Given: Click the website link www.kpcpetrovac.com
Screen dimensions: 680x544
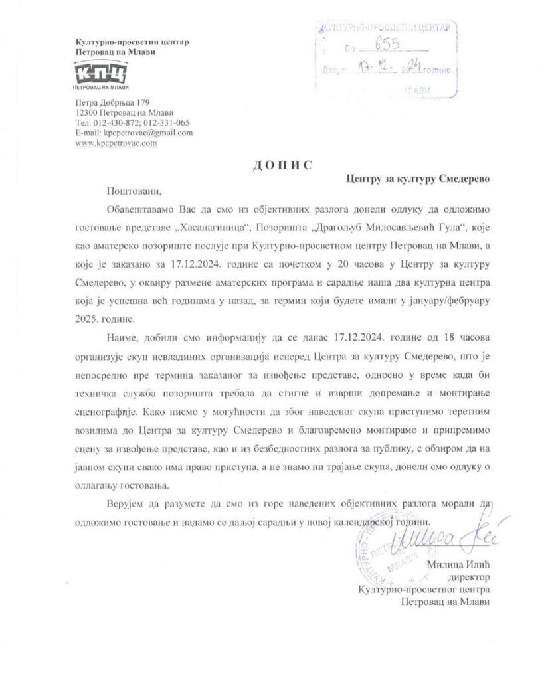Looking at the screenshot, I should [116, 143].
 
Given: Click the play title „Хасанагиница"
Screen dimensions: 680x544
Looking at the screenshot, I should [207, 228].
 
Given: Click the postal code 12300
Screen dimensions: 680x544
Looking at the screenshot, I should [89, 113].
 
